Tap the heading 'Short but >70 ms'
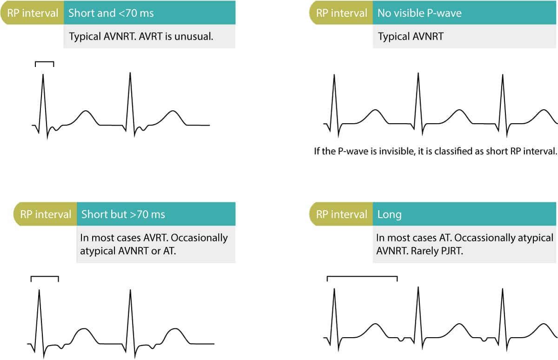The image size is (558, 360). tap(123, 214)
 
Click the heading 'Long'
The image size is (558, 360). tap(390, 214)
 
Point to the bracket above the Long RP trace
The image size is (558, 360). tap(362, 278)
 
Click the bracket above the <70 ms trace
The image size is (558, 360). tap(45, 63)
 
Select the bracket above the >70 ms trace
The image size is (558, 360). tap(45, 278)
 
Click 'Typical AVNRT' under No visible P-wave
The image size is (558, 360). tap(411, 36)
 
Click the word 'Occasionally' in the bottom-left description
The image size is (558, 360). tap(199, 238)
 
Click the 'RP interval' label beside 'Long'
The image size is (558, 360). tap(342, 214)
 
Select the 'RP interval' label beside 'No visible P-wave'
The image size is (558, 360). tap(342, 13)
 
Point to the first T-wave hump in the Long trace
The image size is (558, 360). tap(375, 325)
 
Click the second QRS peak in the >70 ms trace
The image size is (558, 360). tap(131, 291)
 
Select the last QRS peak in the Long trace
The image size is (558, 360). tap(502, 289)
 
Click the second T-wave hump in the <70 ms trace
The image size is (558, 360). tap(173, 112)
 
